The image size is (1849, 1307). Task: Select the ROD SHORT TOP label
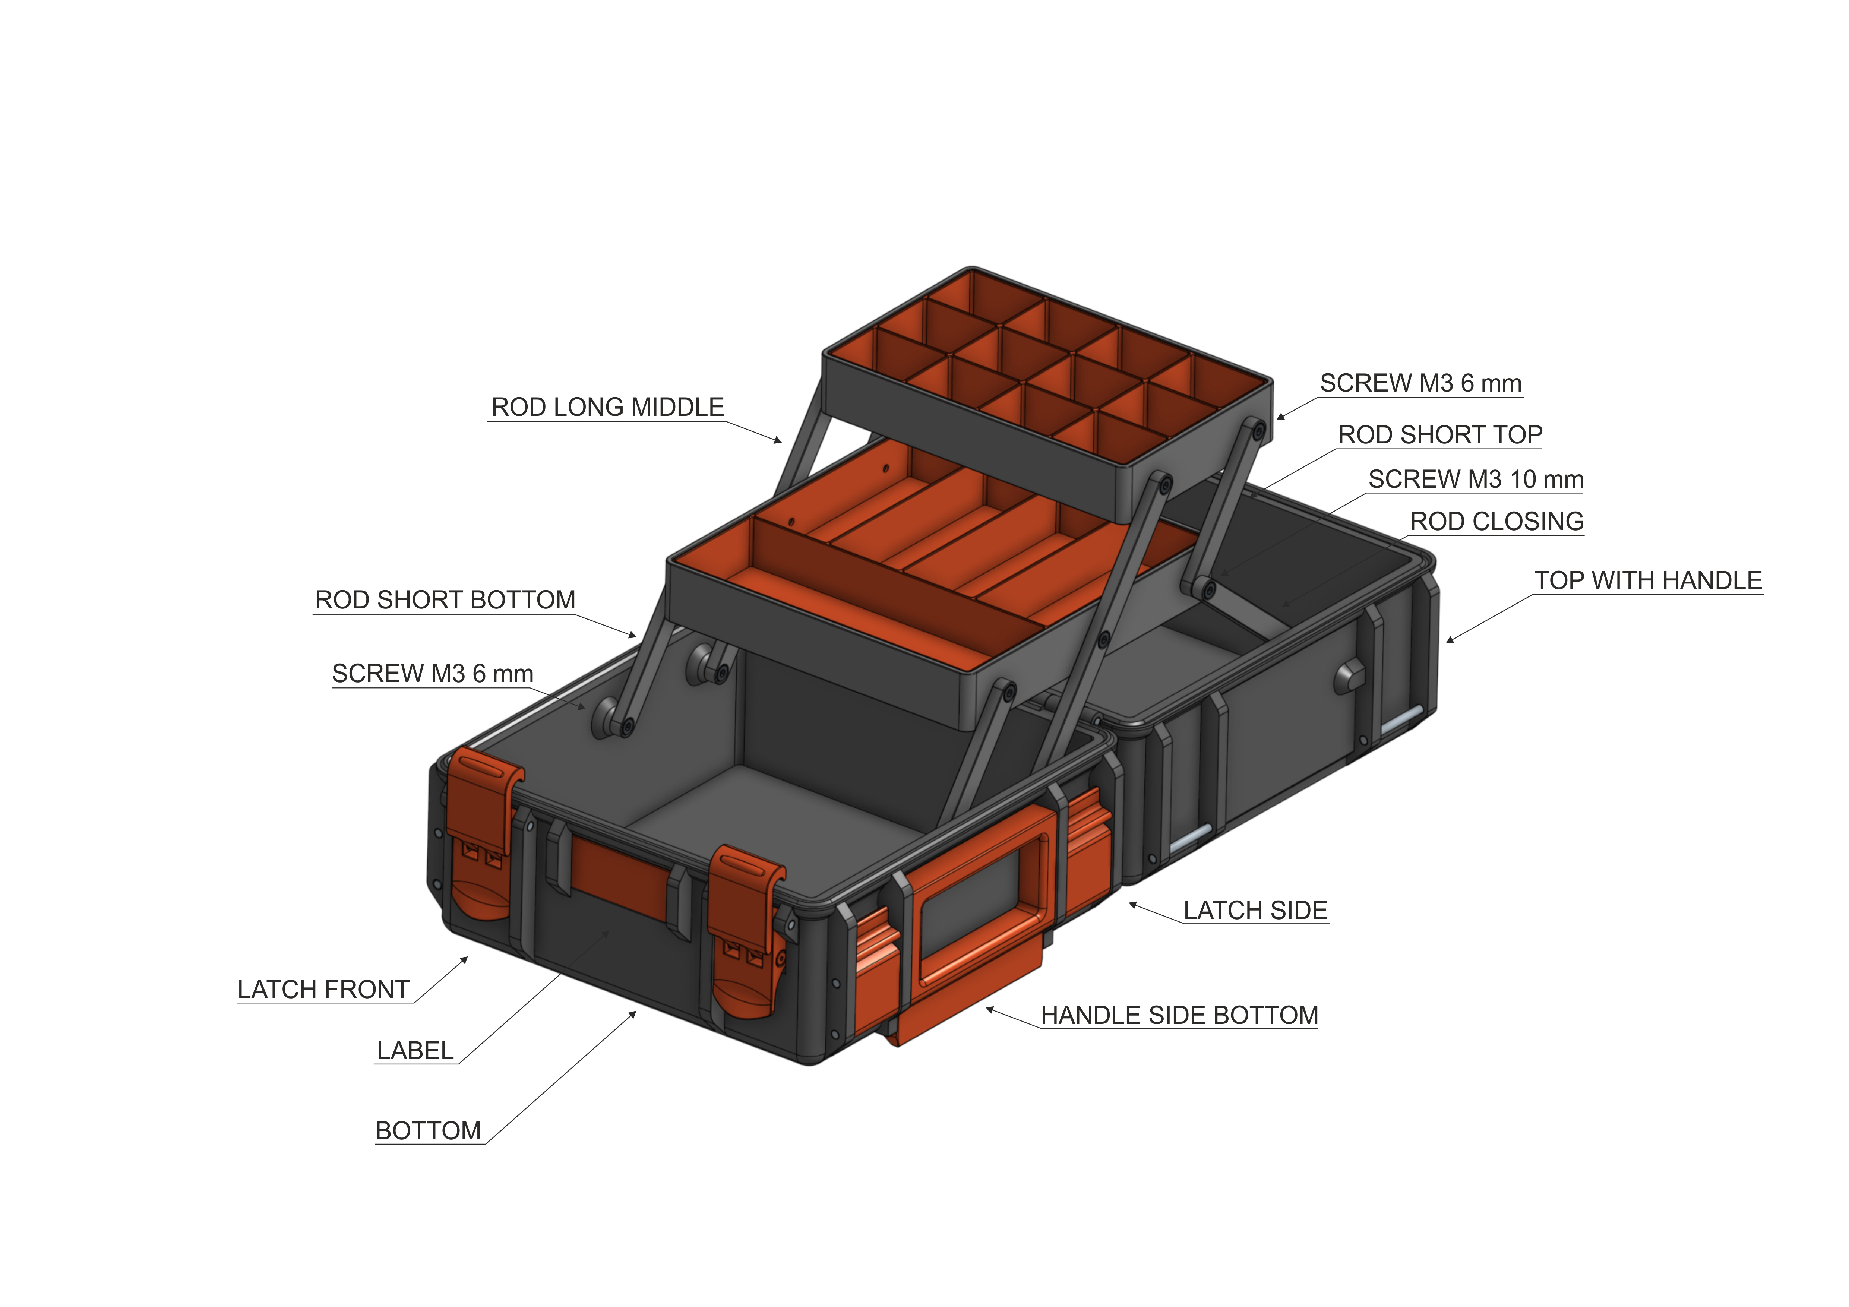point(1439,435)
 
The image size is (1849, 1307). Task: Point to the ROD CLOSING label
point(1496,522)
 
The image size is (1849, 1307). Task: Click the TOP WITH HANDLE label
point(1648,580)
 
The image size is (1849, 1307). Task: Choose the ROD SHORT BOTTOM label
point(445,600)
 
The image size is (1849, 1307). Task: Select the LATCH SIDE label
point(1255,911)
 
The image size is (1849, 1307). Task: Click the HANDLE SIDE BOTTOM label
point(1179,1016)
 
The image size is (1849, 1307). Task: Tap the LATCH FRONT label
point(323,990)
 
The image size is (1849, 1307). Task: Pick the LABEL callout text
point(415,1051)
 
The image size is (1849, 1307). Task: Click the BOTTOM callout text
point(428,1131)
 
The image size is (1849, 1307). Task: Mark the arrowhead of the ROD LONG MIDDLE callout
point(780,441)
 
